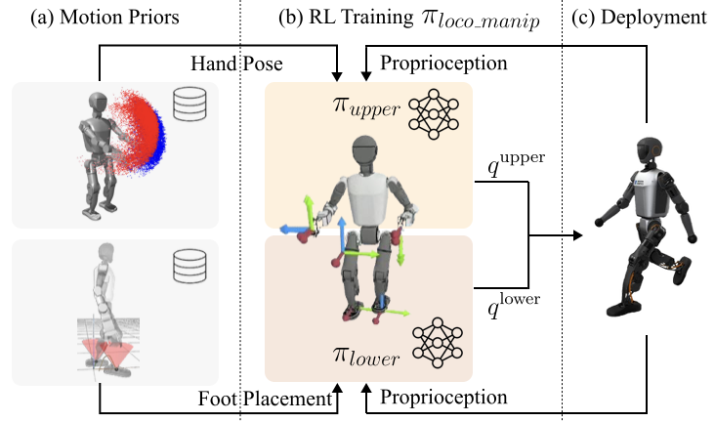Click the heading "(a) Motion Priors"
pyautogui.click(x=119, y=17)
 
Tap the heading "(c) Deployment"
pyautogui.click(x=640, y=17)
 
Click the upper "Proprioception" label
pyautogui.click(x=443, y=63)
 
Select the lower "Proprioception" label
pyautogui.click(x=443, y=398)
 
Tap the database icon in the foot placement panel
pyautogui.click(x=188, y=261)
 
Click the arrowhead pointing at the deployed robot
pyautogui.click(x=578, y=235)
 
